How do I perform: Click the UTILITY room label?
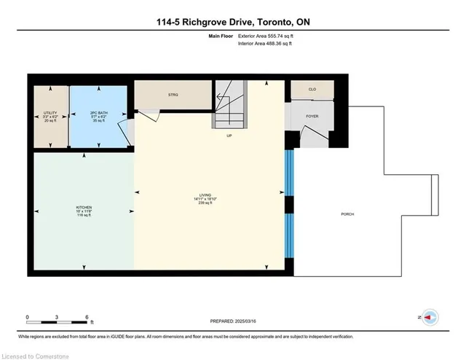[50, 113]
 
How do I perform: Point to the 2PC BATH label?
[99, 113]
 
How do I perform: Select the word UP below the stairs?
[229, 136]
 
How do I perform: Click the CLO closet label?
[312, 90]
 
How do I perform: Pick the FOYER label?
[312, 114]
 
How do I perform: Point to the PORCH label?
[348, 214]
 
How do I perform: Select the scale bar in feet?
[58, 318]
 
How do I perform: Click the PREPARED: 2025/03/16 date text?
[232, 321]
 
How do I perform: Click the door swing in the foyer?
[309, 136]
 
